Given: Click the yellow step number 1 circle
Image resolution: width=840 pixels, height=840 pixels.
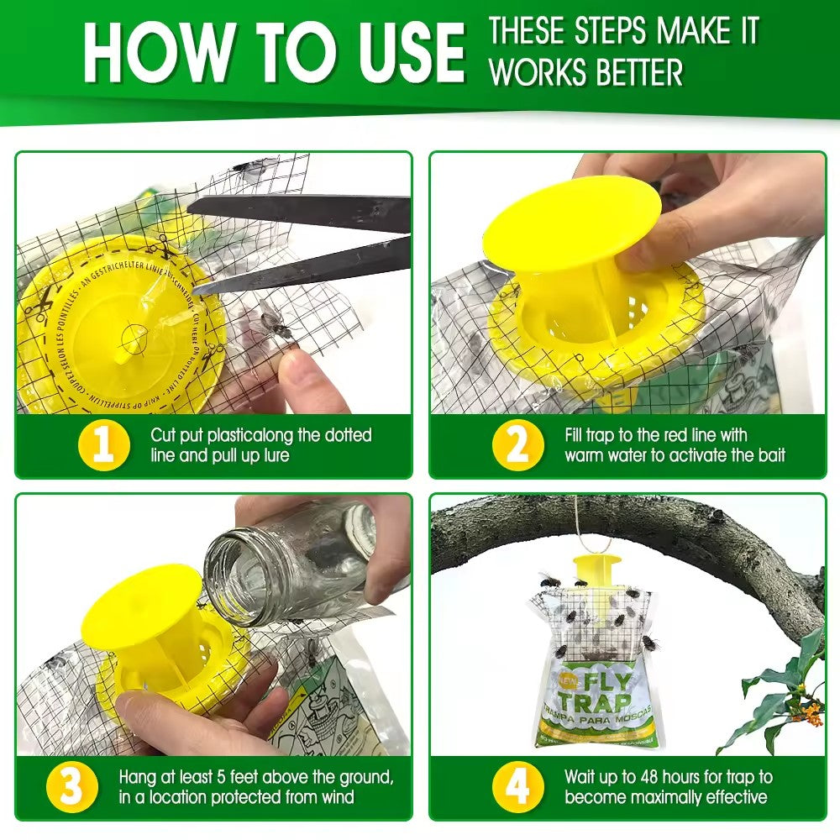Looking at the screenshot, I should [x=103, y=446].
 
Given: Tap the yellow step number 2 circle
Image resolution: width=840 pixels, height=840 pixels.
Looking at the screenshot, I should [x=517, y=446].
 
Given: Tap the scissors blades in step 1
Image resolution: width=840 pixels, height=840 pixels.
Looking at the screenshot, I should [x=302, y=244].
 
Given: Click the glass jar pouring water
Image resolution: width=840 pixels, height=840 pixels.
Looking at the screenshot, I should [x=294, y=563].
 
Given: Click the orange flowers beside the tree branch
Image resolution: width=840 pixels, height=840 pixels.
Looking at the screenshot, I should [x=791, y=714].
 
